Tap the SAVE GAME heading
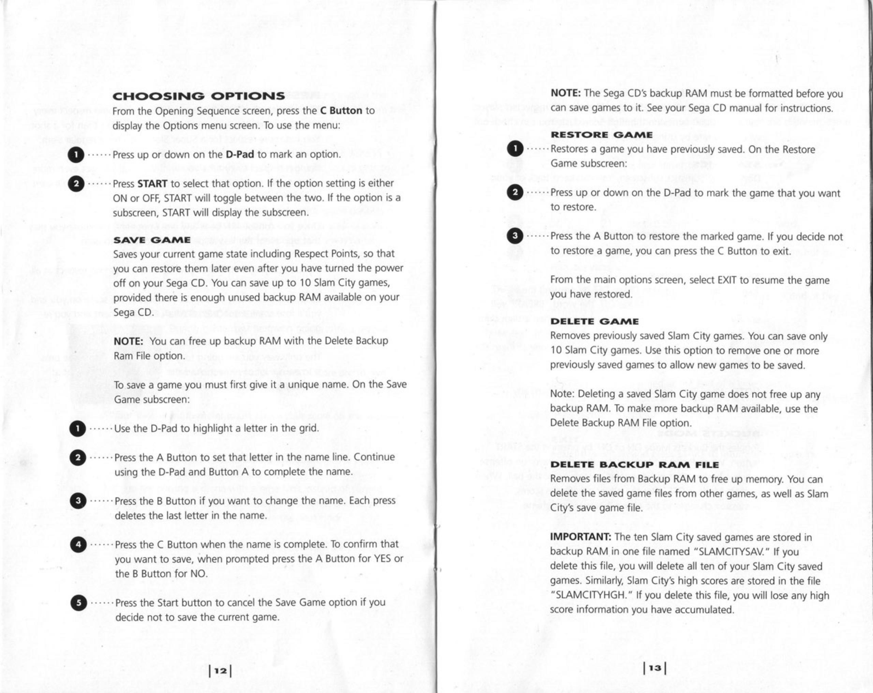(x=152, y=240)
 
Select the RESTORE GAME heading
(x=601, y=135)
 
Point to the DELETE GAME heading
(x=594, y=322)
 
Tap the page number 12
(x=220, y=671)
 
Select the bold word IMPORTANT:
(x=580, y=537)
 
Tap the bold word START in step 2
(x=152, y=184)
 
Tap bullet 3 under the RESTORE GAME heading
(x=515, y=236)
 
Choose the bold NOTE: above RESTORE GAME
(x=566, y=93)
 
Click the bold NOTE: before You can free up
(x=128, y=341)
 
